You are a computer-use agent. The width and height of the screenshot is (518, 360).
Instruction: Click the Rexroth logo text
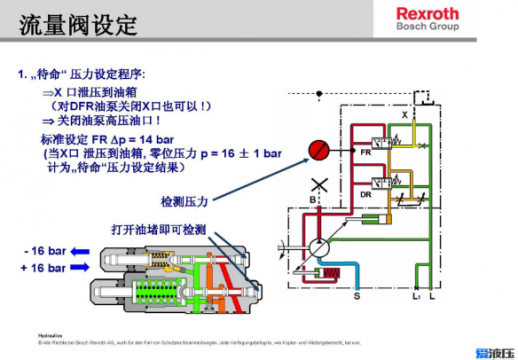427,14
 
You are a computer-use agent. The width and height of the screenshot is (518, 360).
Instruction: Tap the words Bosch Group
427,29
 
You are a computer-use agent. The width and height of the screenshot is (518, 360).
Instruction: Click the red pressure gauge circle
318,151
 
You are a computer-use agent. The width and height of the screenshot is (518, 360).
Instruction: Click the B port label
313,199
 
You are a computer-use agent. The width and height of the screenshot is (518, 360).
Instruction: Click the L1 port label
415,297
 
